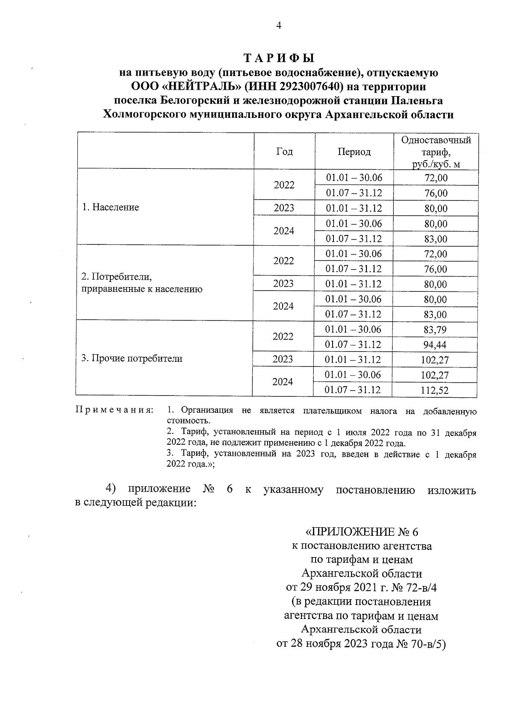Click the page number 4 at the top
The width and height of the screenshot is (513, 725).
[278, 26]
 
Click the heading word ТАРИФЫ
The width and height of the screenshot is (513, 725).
[278, 58]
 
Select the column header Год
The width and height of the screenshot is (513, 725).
[284, 152]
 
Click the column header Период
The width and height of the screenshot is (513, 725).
[354, 152]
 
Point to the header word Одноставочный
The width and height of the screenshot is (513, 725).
[436, 141]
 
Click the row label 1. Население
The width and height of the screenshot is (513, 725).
[111, 208]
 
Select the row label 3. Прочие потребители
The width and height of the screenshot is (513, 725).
[132, 358]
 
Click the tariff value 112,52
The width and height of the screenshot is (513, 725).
[435, 390]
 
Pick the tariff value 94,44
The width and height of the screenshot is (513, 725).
[436, 345]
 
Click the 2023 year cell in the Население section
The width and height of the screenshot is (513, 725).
[284, 208]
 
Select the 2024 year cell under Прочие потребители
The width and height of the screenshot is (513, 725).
[283, 382]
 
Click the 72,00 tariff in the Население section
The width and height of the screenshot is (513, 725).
[436, 178]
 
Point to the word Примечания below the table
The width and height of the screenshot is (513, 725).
[114, 411]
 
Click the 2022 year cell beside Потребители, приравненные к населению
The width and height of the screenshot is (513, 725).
[284, 261]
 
